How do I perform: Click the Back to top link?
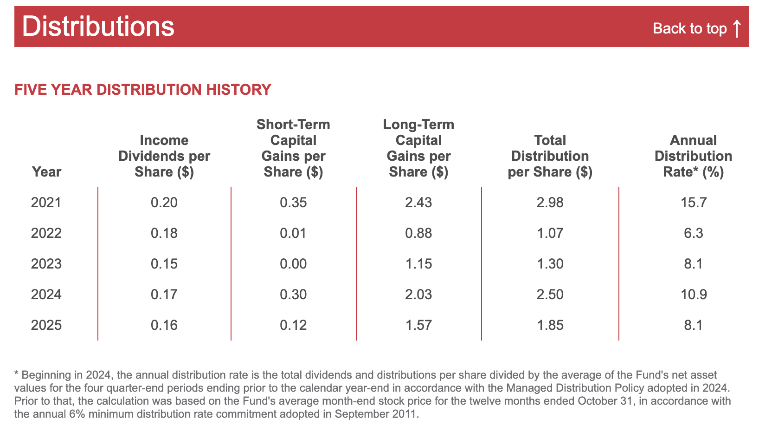[697, 28]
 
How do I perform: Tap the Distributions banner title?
[98, 26]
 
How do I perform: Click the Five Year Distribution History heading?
[142, 90]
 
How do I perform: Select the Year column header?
[46, 172]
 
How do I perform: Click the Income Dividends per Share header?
[164, 156]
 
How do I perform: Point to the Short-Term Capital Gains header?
[293, 148]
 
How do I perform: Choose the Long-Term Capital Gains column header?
[418, 148]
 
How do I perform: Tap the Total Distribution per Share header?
[550, 156]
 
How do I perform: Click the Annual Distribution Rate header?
[693, 156]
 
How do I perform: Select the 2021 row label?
[46, 203]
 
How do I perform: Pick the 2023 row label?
[46, 264]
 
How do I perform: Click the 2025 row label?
[46, 325]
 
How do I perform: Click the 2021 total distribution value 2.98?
[550, 203]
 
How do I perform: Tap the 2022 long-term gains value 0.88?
[418, 233]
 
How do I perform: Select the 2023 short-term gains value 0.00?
[293, 264]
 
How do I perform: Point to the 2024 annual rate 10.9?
[694, 294]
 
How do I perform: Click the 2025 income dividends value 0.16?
[164, 325]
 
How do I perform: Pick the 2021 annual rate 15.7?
[694, 203]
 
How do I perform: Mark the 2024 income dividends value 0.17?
[164, 294]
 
